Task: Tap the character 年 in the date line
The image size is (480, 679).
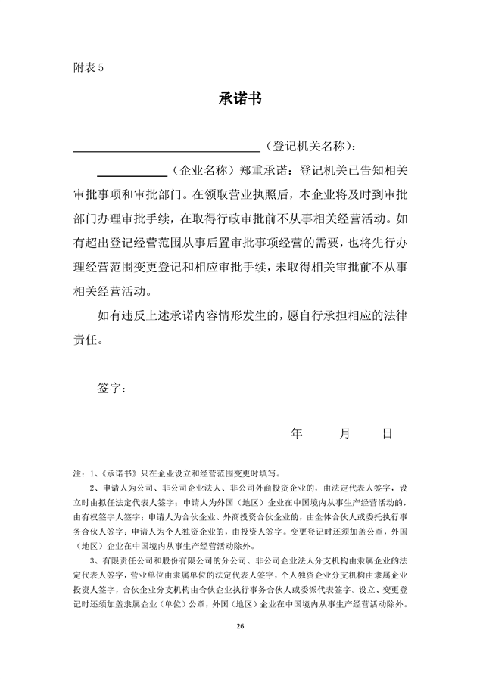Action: (297, 433)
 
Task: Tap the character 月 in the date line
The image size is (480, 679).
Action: (344, 433)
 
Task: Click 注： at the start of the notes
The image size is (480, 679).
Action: (79, 473)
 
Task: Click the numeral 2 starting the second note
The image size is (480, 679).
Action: (92, 488)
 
